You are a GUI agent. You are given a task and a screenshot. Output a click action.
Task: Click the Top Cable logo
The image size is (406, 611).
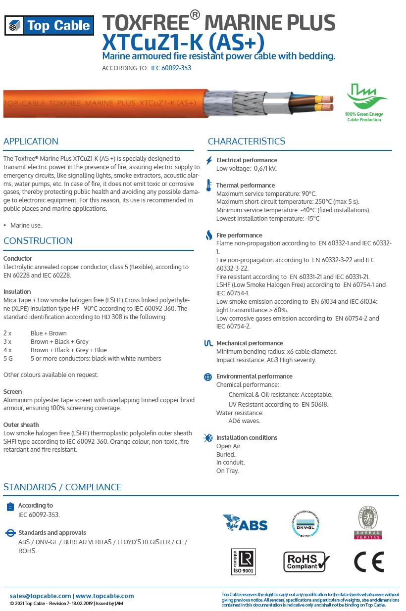(x=48, y=26)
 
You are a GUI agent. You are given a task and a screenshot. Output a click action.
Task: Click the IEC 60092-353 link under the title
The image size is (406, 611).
(x=171, y=68)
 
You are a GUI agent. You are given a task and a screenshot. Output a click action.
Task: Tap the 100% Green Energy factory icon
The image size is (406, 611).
(x=363, y=96)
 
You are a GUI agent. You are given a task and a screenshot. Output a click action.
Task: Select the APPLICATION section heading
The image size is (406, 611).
(x=31, y=141)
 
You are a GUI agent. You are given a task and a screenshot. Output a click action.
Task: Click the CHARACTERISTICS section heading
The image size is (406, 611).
(x=246, y=141)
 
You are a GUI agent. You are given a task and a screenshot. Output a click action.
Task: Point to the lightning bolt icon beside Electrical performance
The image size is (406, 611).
(x=209, y=160)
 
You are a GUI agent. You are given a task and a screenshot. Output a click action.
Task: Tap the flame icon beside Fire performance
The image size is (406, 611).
(x=209, y=235)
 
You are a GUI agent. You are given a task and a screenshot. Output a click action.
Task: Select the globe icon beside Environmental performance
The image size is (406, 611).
(x=208, y=377)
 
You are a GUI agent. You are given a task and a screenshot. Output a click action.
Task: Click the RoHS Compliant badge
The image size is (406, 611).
(x=305, y=562)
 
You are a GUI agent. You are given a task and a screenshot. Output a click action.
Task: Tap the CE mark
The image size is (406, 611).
(x=368, y=562)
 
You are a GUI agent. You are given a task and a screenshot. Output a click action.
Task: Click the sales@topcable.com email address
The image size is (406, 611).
(x=40, y=596)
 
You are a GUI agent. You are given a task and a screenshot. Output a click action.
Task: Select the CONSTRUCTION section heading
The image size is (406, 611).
(x=38, y=241)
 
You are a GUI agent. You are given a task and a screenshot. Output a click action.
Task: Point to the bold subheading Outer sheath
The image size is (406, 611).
(x=21, y=425)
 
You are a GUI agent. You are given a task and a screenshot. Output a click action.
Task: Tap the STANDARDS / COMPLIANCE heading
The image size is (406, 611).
(x=62, y=487)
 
